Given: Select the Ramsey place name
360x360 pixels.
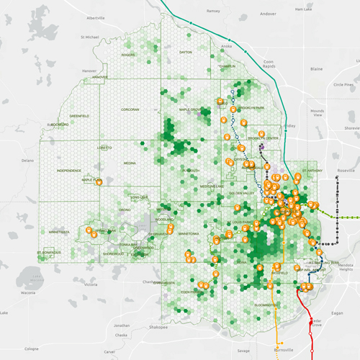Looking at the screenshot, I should [212, 12].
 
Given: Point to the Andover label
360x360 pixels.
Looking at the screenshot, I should [269, 12].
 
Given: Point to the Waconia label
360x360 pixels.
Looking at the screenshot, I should [27, 293].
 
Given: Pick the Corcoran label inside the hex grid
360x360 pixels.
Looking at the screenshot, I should [130, 110].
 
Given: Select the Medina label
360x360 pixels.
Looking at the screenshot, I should [130, 163].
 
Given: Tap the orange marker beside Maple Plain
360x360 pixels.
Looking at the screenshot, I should [99, 183].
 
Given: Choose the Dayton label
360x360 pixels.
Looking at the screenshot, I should [185, 52].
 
